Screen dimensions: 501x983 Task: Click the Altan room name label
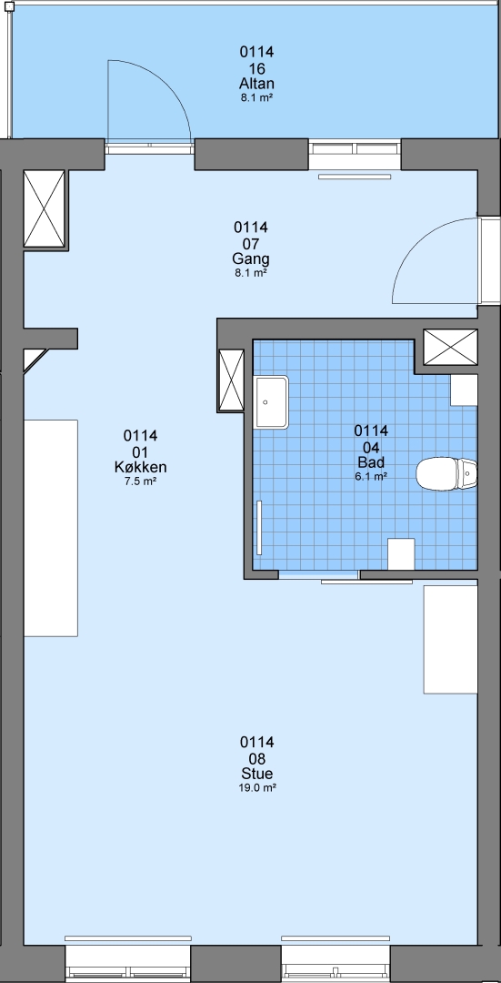point(256,84)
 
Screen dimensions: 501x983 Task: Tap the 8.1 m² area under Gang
point(251,273)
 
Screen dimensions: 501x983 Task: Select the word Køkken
point(140,467)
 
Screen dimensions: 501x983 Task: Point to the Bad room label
point(371,462)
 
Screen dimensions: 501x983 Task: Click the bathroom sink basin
point(271,402)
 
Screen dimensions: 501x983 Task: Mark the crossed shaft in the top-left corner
point(44,209)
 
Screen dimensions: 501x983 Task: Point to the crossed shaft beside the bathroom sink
point(230,380)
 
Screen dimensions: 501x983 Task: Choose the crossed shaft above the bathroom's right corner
point(450,347)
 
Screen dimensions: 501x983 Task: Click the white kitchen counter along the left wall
point(51,529)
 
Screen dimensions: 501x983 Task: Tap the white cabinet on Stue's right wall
point(451,639)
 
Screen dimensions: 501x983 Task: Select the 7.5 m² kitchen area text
point(140,481)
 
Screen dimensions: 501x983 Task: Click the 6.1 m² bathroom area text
point(371,476)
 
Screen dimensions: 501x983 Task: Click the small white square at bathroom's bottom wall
point(401,554)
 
